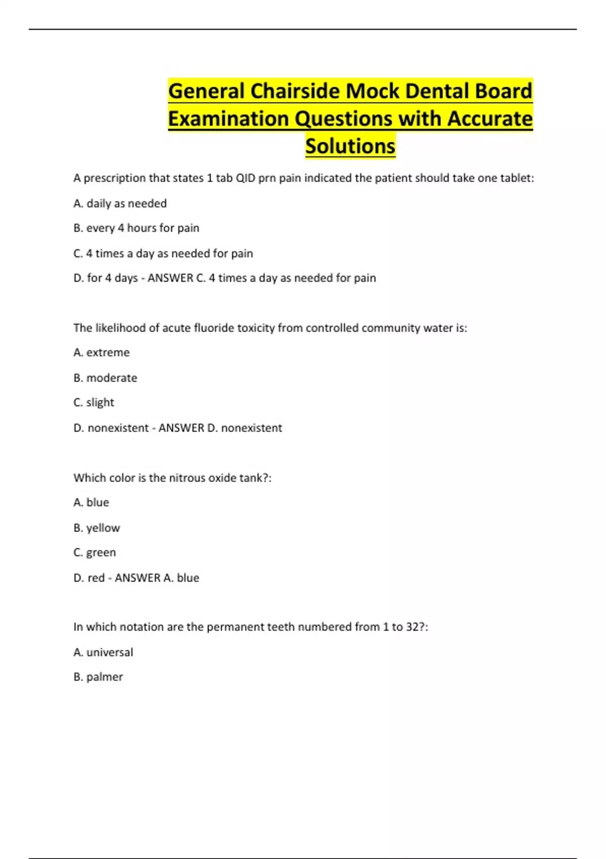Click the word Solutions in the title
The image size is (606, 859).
[x=350, y=146]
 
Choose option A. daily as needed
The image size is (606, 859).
[x=120, y=203]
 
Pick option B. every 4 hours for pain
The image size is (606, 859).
[x=136, y=228]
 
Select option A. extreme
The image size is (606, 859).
[x=101, y=352]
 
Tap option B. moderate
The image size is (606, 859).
[x=105, y=377]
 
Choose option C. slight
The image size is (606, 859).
[x=93, y=402]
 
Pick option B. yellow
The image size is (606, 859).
[x=96, y=528]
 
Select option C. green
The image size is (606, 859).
[x=94, y=552]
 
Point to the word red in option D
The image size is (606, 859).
[x=96, y=578]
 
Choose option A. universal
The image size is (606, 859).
[x=103, y=652]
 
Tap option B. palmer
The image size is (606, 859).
[x=98, y=677]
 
